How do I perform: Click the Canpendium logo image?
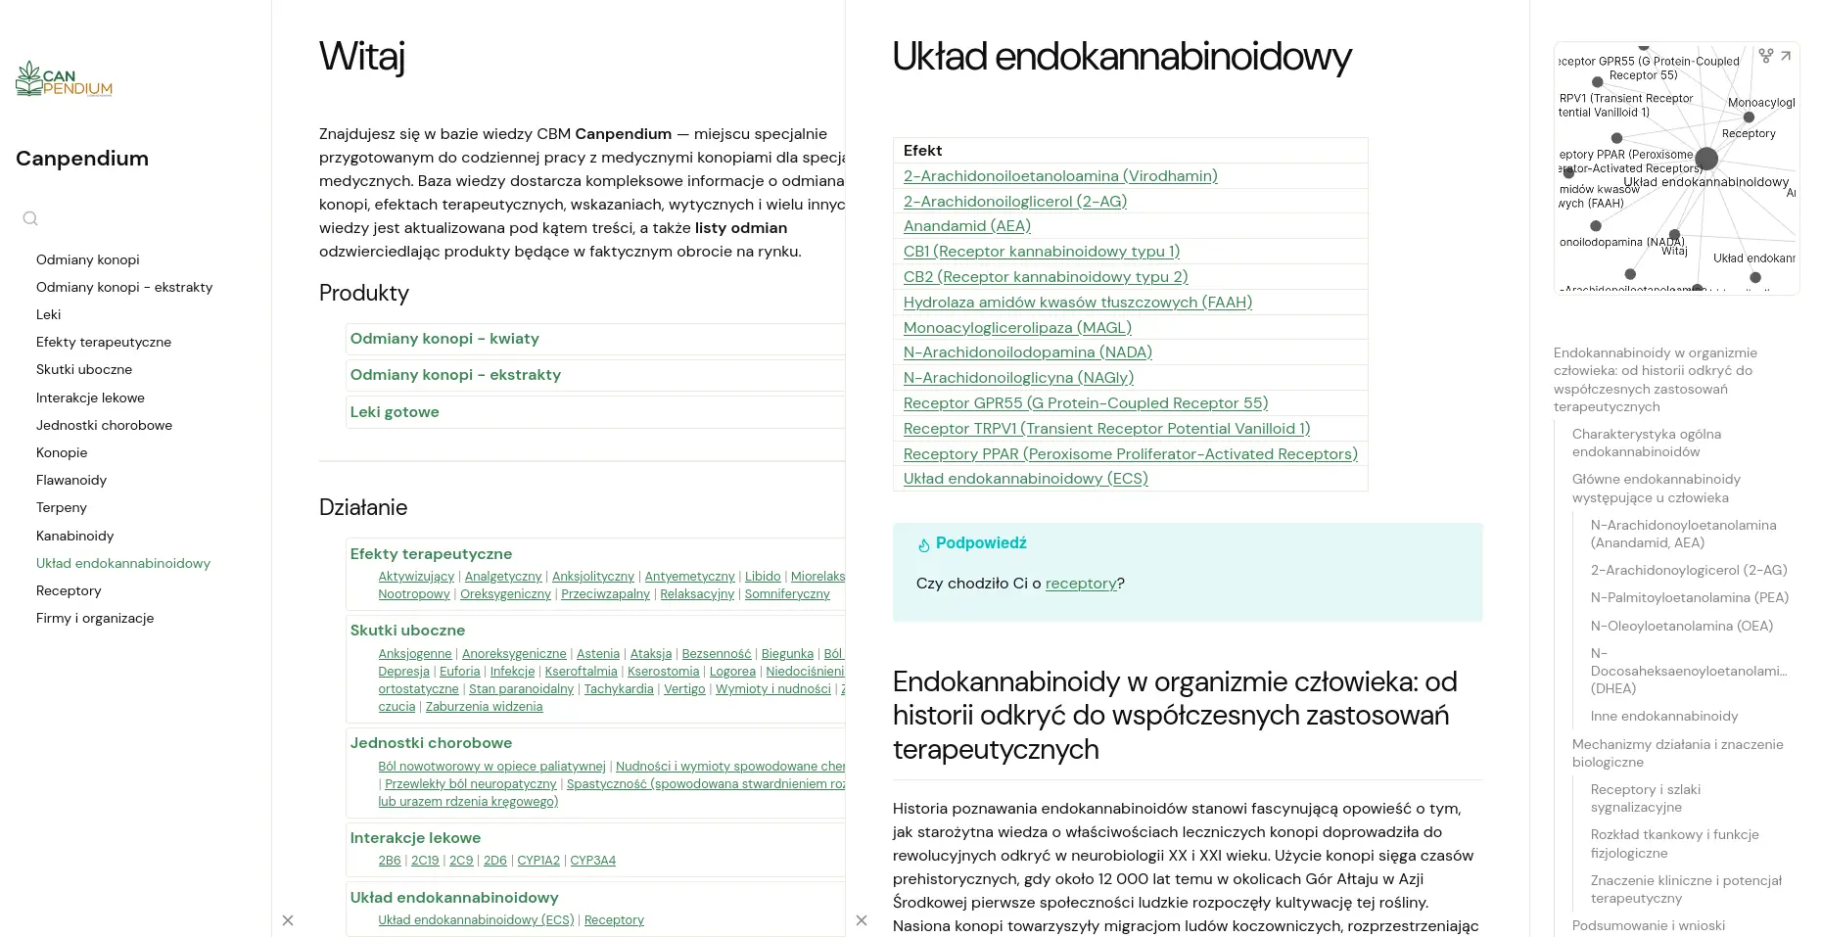[64, 80]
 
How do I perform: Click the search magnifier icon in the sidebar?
[30, 218]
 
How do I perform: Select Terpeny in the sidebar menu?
[62, 507]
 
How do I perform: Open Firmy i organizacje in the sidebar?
[95, 618]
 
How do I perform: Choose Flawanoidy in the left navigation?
[71, 480]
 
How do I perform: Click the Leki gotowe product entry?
[395, 412]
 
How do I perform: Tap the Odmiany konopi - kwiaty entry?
[444, 339]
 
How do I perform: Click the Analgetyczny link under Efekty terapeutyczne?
[503, 577]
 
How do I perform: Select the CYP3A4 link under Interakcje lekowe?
[592, 861]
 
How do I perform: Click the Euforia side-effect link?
[459, 672]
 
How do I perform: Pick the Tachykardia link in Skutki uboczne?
[619, 689]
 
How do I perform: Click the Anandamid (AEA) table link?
[966, 226]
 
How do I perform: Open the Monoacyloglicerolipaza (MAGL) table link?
[1017, 327]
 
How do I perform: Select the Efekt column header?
[922, 151]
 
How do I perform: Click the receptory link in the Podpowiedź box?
[1081, 584]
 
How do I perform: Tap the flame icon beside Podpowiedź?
[923, 545]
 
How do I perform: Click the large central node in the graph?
[1706, 158]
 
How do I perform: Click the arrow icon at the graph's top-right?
[1786, 56]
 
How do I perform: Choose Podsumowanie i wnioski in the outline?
[1649, 925]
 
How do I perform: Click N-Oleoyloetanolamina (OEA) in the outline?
[1681, 626]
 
